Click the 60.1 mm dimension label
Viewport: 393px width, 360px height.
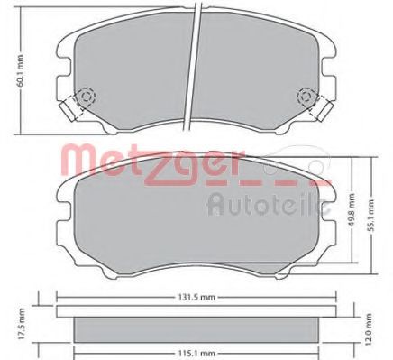click(x=20, y=70)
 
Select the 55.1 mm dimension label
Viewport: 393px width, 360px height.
click(x=372, y=215)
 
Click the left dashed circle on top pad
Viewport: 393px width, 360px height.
click(x=87, y=97)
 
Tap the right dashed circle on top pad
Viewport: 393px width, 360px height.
click(x=306, y=97)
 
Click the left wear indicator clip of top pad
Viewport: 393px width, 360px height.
click(x=68, y=110)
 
